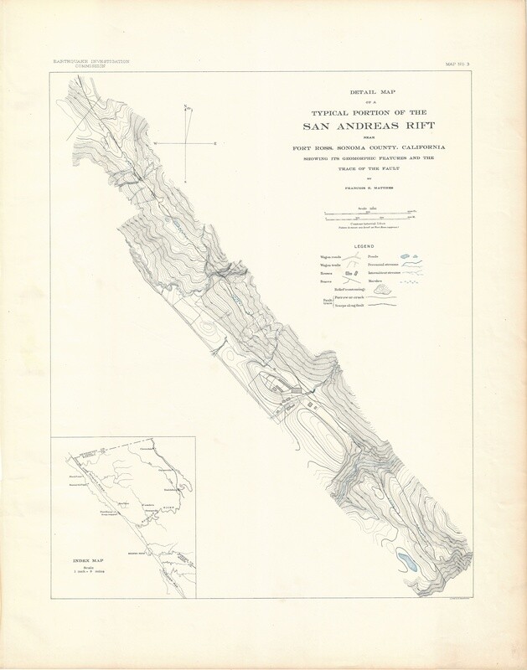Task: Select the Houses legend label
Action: [328, 273]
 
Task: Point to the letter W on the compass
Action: [156, 144]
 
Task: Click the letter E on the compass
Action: [215, 144]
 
